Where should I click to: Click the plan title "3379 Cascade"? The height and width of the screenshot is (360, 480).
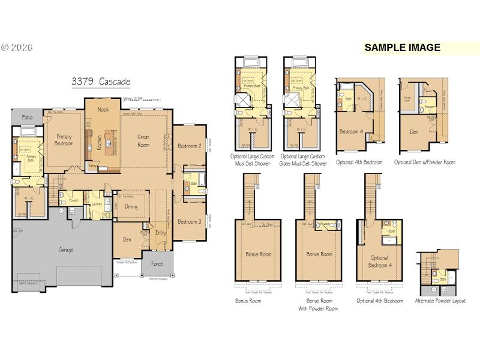101,81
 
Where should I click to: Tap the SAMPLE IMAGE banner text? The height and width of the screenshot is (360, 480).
402,48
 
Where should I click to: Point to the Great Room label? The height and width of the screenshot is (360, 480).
143,141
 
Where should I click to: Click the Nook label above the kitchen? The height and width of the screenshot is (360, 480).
104,110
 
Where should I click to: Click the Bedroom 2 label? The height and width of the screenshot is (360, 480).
189,146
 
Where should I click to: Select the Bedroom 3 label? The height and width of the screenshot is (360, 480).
189,221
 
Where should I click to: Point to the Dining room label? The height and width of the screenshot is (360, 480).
131,207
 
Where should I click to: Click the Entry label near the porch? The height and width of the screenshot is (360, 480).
161,233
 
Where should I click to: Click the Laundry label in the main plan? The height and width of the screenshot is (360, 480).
95,205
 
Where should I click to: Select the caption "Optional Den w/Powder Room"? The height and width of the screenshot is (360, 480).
424,162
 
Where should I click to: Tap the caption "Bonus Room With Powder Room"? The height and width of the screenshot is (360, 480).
322,304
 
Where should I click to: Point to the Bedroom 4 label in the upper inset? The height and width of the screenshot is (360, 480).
352,131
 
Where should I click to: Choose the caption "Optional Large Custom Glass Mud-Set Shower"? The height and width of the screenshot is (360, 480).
304,160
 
